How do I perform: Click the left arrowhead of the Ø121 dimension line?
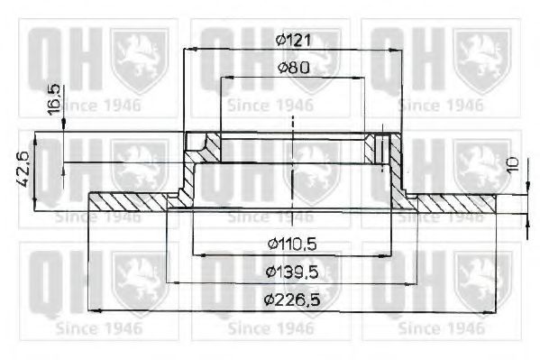pyautogui.click(x=188, y=51)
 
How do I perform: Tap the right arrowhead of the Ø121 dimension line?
pyautogui.click(x=400, y=51)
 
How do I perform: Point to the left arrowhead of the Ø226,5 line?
pyautogui.click(x=92, y=309)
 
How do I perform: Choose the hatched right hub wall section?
pyautogui.click(x=385, y=147)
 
